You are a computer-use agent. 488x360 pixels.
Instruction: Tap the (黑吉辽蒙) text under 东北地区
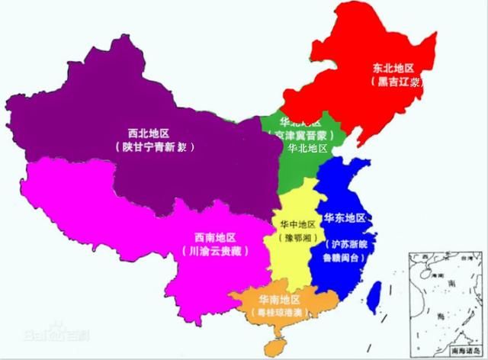(x=397, y=81)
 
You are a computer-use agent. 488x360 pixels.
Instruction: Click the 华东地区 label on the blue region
(x=345, y=219)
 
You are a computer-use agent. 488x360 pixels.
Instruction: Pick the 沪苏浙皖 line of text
(x=348, y=246)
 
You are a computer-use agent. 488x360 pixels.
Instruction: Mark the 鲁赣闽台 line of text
(x=348, y=259)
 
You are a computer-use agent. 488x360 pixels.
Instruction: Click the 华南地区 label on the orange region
(x=280, y=299)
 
